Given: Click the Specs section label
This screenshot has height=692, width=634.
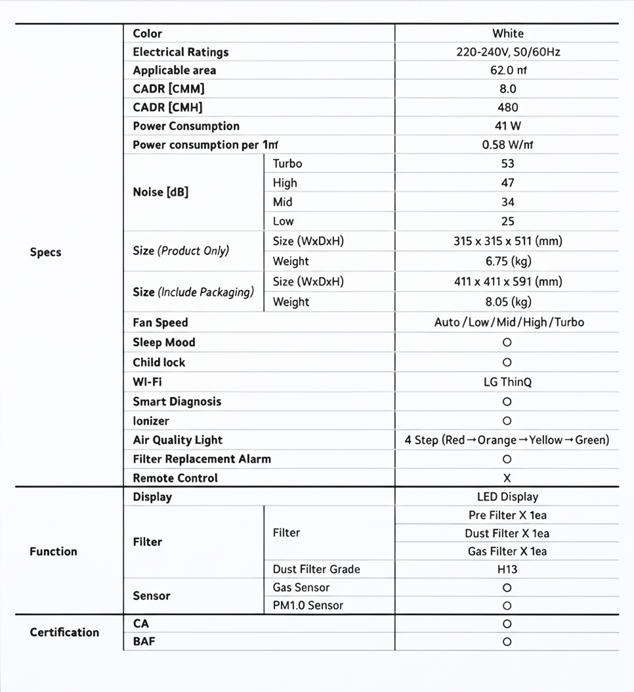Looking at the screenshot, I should coord(45,252).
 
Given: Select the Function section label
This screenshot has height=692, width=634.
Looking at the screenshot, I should coord(53,551).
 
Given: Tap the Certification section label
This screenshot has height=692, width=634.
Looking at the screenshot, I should coord(64,632).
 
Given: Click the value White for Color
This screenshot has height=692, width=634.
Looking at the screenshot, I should coord(507,34).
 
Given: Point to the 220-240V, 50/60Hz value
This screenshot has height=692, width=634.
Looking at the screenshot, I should coord(507,52).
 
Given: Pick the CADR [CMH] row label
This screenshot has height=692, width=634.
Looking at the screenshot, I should coord(167,107).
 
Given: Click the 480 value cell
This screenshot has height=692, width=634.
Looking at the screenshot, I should coord(507,107).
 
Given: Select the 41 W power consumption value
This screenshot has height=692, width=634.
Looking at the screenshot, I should coord(507,126).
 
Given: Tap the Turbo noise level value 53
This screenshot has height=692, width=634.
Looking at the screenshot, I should coord(507,164).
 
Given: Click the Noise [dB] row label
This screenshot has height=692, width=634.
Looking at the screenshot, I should coord(160,192).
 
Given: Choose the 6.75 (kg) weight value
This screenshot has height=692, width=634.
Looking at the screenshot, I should coord(507,262).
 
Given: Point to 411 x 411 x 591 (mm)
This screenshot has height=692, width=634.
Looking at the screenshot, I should coord(507,282).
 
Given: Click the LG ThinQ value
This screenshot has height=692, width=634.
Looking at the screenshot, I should coord(507,382).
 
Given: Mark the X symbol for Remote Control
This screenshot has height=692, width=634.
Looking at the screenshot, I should coord(507,478).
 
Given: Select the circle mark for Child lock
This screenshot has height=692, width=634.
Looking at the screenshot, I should coord(507,362).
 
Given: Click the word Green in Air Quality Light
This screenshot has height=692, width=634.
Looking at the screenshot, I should coord(592,440).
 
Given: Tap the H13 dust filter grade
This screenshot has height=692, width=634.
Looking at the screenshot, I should coord(507,570).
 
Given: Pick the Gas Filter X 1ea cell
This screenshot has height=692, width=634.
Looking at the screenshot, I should coord(507,551).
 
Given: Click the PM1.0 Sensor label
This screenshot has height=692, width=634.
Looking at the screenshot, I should coord(308,605).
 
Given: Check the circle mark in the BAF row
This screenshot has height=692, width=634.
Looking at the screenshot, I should coord(507,642).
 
